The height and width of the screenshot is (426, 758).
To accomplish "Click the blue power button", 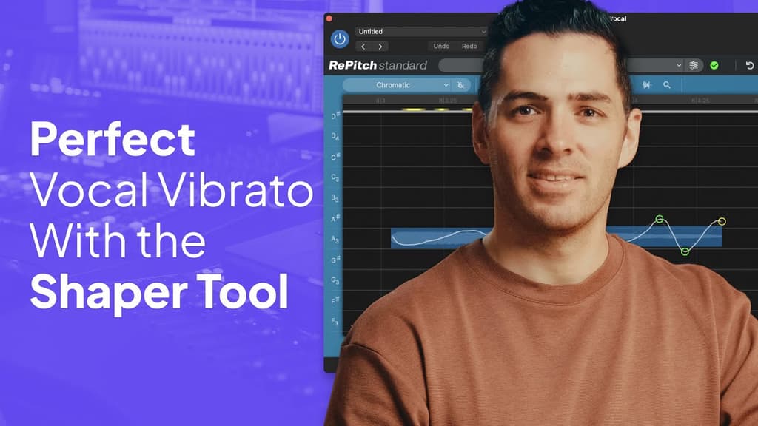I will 340,39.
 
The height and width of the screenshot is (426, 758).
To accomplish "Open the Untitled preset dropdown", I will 420,32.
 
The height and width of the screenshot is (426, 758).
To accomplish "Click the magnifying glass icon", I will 667,85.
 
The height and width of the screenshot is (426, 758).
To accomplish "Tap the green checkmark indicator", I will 714,65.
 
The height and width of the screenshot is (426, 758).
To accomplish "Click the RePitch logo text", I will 378,65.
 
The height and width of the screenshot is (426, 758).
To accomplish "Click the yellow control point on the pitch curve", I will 722,221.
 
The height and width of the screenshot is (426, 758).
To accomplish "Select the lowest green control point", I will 685,251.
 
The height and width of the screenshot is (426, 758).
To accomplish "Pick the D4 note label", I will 335,137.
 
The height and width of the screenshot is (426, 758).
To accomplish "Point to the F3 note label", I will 335,322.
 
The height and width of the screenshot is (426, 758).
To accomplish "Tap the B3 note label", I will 335,198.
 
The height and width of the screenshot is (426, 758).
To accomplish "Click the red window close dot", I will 329,18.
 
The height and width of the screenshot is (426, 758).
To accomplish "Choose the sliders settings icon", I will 694,65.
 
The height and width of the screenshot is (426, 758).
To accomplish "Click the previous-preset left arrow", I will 363,47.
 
